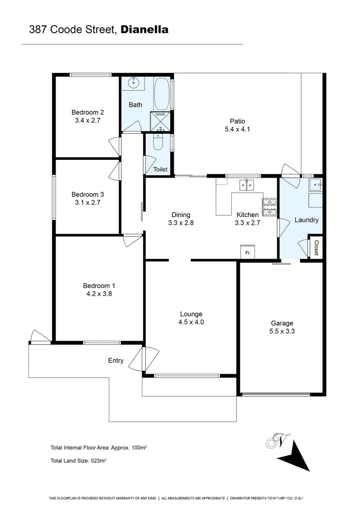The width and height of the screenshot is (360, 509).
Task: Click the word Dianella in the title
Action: point(145,30)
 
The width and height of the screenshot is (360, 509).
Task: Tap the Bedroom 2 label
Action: point(88,112)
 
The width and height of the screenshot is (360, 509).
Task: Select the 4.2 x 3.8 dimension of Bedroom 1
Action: point(99,293)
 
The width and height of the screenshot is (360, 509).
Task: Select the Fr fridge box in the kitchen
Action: point(247,252)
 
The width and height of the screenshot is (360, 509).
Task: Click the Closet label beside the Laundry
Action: point(316,248)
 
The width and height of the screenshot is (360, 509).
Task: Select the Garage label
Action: point(282,323)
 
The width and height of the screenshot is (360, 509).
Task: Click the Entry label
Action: point(116,361)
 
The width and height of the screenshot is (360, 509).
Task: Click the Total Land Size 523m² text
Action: point(78,461)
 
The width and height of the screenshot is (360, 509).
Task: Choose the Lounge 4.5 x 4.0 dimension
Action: point(191,322)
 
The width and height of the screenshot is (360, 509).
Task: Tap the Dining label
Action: point(181,215)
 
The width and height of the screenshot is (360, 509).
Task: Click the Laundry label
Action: point(306,220)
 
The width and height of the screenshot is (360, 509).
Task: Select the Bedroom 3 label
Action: point(88,194)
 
